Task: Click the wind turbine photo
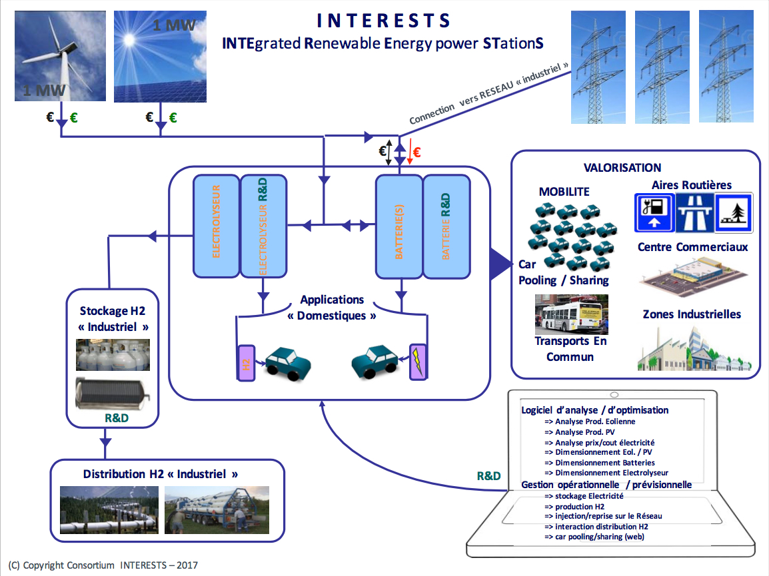[61, 56]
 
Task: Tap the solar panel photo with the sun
[159, 56]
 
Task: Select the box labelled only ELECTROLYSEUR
[216, 226]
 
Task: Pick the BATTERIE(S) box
[398, 226]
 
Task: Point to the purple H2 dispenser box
[246, 363]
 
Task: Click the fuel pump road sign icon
[654, 213]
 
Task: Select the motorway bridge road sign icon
[694, 213]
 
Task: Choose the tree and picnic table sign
[734, 213]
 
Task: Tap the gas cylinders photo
[113, 354]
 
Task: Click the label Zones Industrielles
[691, 314]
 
